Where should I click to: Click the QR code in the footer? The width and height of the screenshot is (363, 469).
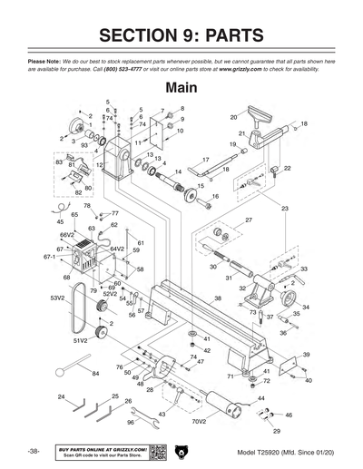click(x=157, y=452)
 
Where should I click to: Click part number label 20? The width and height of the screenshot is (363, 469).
click(x=233, y=118)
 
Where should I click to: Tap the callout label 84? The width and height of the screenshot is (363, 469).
click(x=95, y=373)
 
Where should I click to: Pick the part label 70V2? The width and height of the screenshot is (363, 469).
click(x=199, y=421)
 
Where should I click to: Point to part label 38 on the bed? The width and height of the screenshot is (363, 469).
click(x=217, y=298)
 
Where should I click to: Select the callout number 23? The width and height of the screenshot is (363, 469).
click(x=284, y=209)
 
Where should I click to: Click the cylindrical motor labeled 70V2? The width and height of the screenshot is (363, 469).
click(x=223, y=400)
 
